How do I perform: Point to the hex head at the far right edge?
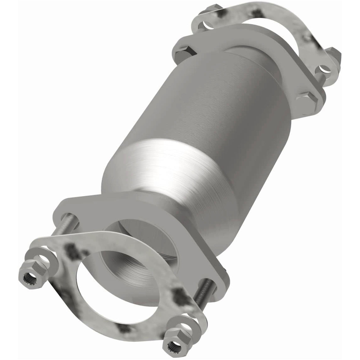[335, 56]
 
